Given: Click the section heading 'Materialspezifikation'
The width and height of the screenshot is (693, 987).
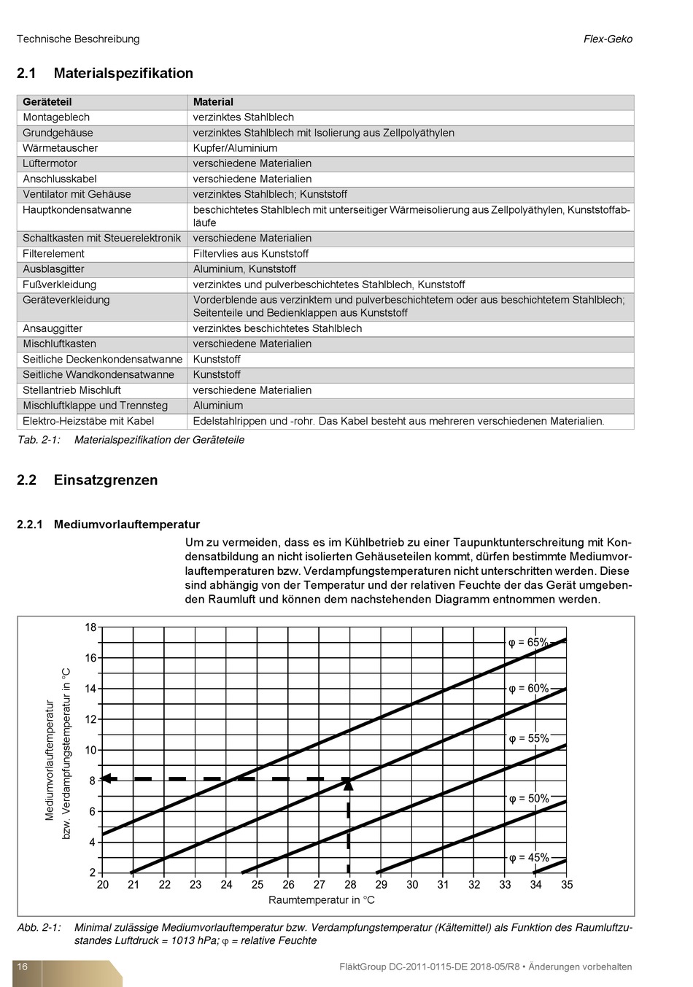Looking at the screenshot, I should [x=123, y=73].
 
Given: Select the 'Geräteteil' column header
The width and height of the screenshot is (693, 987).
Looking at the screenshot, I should [x=47, y=102].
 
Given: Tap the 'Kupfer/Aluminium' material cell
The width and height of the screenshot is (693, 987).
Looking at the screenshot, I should [x=235, y=148].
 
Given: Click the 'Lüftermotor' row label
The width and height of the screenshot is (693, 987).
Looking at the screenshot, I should [x=50, y=163].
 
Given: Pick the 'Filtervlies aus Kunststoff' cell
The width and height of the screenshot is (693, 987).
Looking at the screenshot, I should [x=250, y=254].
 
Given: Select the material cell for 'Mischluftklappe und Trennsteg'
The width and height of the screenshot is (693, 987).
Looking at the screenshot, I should [x=218, y=406].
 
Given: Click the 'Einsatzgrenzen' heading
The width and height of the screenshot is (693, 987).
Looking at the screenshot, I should [x=106, y=480].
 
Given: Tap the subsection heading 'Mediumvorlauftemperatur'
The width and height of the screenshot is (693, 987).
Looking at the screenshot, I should [x=127, y=525].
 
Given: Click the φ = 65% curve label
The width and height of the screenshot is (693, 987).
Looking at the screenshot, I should [x=528, y=643].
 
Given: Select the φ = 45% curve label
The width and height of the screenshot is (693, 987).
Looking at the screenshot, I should [x=529, y=858].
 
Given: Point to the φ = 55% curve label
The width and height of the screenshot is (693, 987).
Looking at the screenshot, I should [x=529, y=739].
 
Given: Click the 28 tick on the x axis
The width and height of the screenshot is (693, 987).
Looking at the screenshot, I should [x=350, y=885].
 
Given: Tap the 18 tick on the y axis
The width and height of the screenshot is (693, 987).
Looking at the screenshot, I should [x=90, y=627].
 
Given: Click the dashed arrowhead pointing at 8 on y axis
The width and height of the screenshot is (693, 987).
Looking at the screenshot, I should [x=107, y=778].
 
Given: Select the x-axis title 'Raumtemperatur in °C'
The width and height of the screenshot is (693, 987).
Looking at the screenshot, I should [x=322, y=900].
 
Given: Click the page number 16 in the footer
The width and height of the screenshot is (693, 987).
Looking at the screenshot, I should [x=23, y=967].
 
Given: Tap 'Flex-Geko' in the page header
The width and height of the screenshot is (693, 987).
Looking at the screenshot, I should [x=608, y=39].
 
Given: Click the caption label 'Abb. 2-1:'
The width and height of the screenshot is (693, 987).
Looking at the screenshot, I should [x=39, y=928].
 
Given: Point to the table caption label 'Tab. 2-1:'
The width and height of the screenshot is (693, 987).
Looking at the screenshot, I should [x=39, y=440].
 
